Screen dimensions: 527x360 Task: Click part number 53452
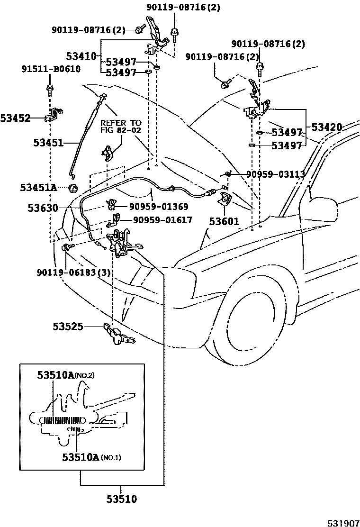click(x=15, y=118)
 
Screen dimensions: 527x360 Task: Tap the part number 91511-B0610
click(x=51, y=69)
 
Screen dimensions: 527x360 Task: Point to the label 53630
click(x=43, y=208)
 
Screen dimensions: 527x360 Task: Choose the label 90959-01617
click(x=162, y=220)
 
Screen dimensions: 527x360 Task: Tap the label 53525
click(x=68, y=326)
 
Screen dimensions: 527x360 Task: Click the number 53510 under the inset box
click(x=121, y=499)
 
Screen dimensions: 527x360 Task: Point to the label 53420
click(x=326, y=127)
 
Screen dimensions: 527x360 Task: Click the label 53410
click(x=81, y=56)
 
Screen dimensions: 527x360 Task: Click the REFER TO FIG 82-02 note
click(x=121, y=127)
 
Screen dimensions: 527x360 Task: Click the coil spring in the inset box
click(x=62, y=420)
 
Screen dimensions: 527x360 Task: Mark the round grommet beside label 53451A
click(x=73, y=188)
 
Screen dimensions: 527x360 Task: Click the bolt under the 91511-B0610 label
click(x=49, y=88)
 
